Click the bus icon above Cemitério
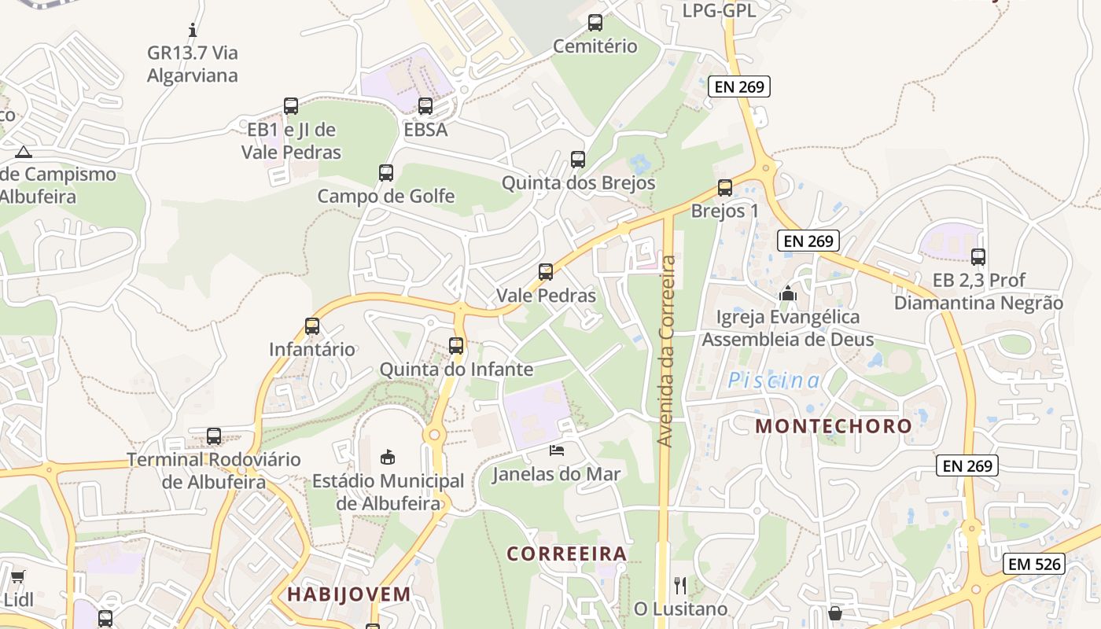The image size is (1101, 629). click(595, 23)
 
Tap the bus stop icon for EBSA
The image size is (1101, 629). click(425, 105)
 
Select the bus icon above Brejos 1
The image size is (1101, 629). click(725, 188)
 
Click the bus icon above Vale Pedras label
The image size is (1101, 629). click(546, 272)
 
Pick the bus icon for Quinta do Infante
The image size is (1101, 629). click(456, 345)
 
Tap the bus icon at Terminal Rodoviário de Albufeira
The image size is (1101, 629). click(214, 436)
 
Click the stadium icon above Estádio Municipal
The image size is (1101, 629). click(388, 456)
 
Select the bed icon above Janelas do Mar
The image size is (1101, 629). click(557, 451)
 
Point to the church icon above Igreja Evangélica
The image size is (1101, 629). click(787, 294)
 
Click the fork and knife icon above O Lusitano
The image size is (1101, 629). click(680, 585)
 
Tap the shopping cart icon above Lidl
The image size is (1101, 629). click(17, 577)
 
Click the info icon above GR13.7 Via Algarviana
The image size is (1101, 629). click(193, 31)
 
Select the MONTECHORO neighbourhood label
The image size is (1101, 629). click(834, 426)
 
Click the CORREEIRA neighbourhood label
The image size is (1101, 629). click(567, 554)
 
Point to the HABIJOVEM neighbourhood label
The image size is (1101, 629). click(349, 594)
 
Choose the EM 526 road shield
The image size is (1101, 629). click(1033, 564)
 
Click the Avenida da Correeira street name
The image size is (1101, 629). click(667, 351)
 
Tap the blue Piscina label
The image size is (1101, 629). click(774, 381)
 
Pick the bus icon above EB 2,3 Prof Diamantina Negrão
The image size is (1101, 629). click(978, 256)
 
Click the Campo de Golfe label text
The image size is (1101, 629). click(385, 196)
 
